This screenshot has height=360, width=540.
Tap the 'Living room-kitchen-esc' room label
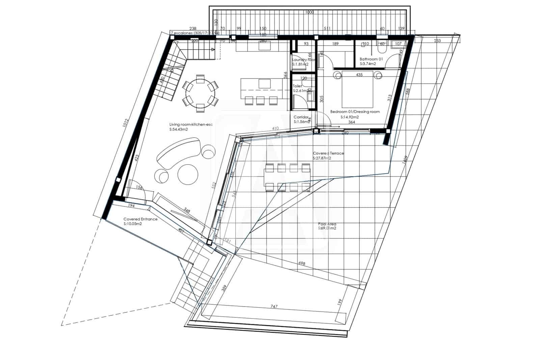click(191, 125)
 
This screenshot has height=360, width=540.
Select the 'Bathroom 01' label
click(371, 59)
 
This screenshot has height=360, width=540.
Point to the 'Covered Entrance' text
click(140, 219)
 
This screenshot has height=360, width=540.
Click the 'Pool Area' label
click(327, 224)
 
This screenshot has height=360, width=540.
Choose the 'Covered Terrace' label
click(328, 153)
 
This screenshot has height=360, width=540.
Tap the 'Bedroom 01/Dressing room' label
click(355, 112)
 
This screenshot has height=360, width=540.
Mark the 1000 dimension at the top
click(309, 12)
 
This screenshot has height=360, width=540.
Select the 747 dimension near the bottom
click(274, 307)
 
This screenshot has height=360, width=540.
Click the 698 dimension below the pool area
click(302, 263)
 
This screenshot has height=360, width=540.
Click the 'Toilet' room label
click(297, 86)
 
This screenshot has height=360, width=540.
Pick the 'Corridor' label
click(301, 117)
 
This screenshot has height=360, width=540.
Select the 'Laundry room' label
click(304, 60)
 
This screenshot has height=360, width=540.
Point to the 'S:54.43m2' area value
click(179, 129)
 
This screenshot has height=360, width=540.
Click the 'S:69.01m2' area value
click(327, 228)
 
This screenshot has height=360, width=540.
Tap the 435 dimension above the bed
click(359, 75)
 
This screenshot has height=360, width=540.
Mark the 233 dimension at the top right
click(437, 41)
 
